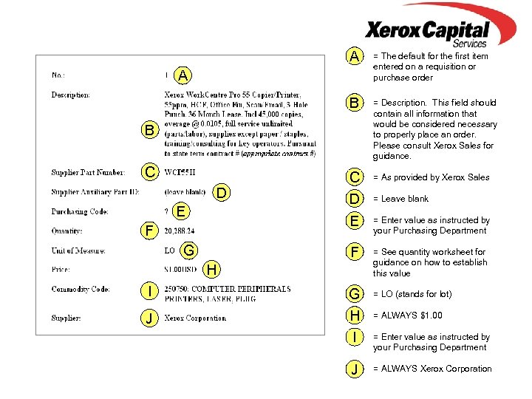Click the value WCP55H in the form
click(x=180, y=173)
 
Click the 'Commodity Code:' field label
click(x=81, y=289)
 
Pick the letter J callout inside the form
click(x=150, y=318)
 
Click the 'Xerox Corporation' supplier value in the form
click(x=195, y=318)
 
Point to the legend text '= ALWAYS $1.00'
click(x=408, y=316)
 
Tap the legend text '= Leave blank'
click(x=400, y=199)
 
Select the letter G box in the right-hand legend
click(x=355, y=295)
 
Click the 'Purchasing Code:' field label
click(x=80, y=212)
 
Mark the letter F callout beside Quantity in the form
click(x=150, y=231)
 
